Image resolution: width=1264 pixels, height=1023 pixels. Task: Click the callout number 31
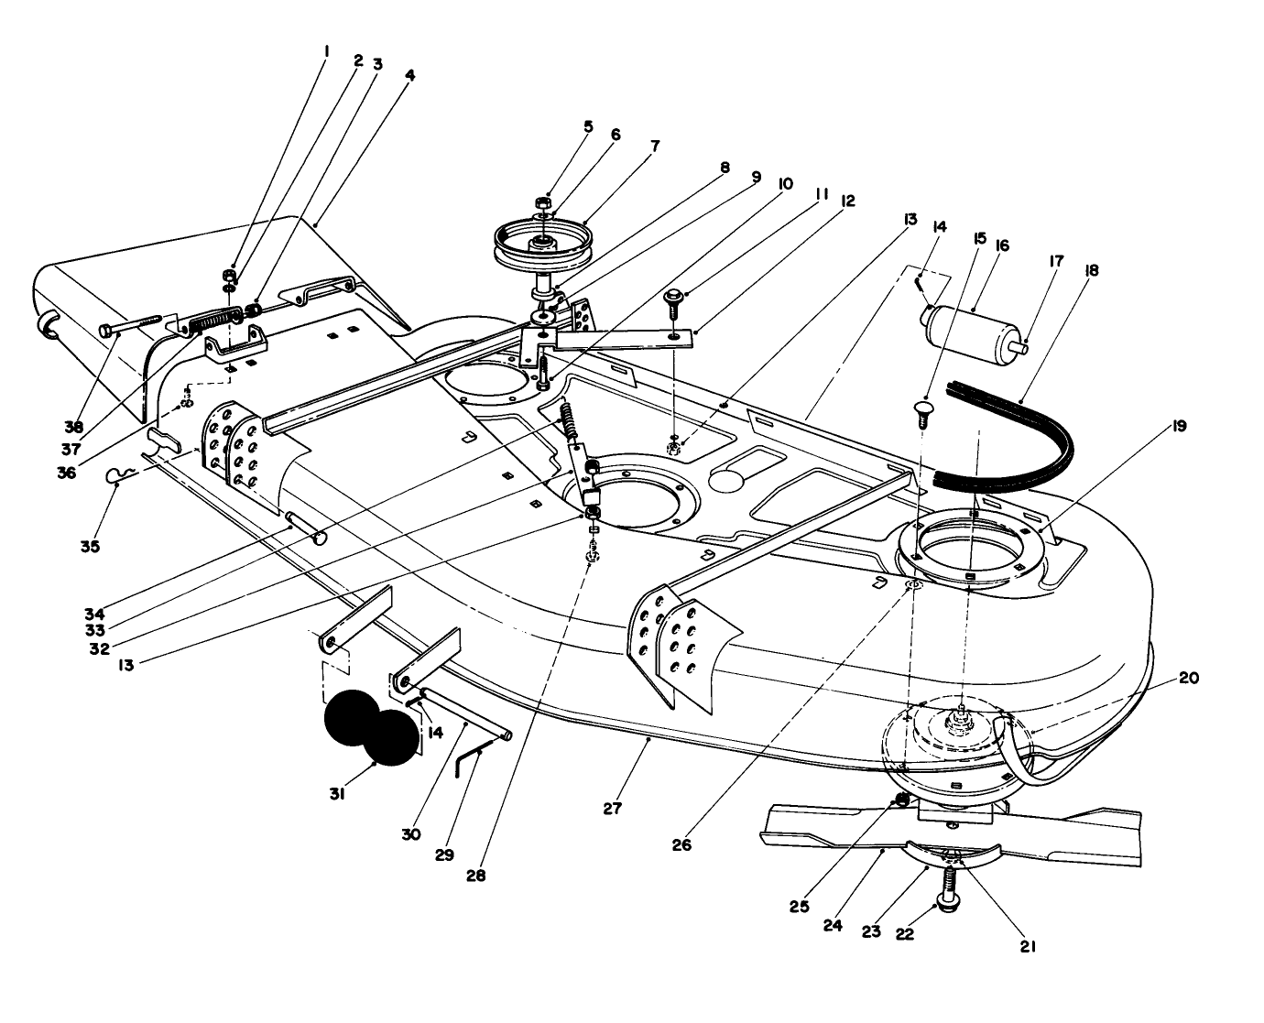[x=337, y=795]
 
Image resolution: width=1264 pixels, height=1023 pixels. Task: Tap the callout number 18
[x=1091, y=271]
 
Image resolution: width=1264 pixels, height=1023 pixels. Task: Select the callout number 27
[x=612, y=808]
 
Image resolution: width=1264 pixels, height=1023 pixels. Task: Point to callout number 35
[x=89, y=546]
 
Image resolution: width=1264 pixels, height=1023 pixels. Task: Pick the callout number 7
[x=655, y=145]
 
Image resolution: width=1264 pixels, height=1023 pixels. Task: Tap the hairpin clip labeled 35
[x=119, y=474]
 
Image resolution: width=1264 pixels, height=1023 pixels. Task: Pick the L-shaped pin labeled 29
[x=472, y=755]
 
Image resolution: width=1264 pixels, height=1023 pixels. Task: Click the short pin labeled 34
[x=307, y=530]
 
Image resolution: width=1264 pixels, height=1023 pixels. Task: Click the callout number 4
[x=409, y=77]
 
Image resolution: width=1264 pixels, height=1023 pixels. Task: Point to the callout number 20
[x=1188, y=678]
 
